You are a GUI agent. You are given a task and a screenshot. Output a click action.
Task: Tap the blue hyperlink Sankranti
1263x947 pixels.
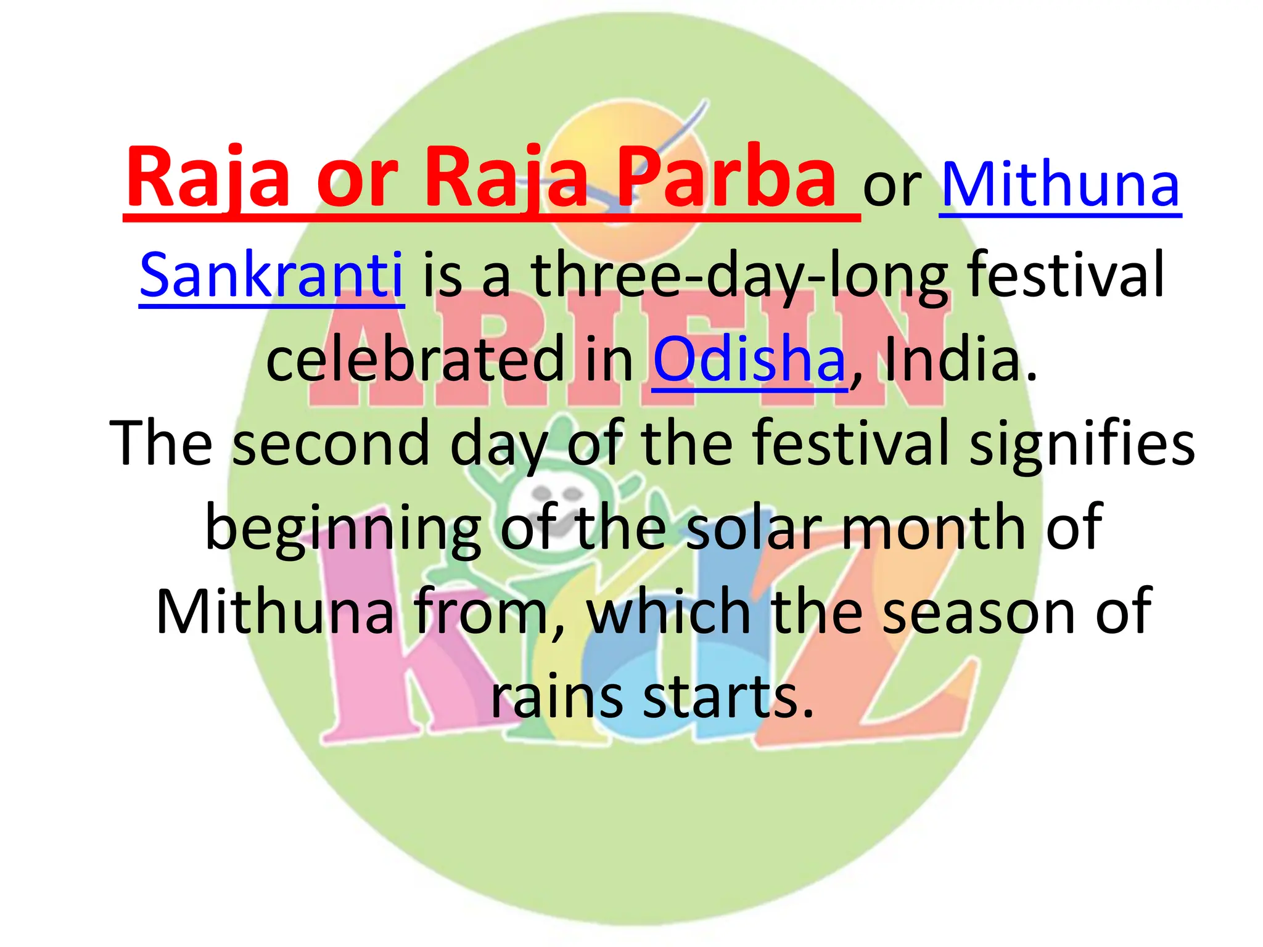pyautogui.click(x=271, y=274)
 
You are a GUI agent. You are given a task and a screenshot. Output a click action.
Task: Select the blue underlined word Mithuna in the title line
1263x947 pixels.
pyautogui.click(x=1060, y=185)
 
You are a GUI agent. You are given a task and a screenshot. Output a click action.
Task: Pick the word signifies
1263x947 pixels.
pyautogui.click(x=1082, y=443)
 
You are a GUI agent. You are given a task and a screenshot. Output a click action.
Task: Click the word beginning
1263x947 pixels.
pyautogui.click(x=343, y=528)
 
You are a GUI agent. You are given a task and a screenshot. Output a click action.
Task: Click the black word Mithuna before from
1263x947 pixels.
pyautogui.click(x=274, y=612)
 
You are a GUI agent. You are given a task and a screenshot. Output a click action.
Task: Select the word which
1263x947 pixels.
pyautogui.click(x=669, y=612)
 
